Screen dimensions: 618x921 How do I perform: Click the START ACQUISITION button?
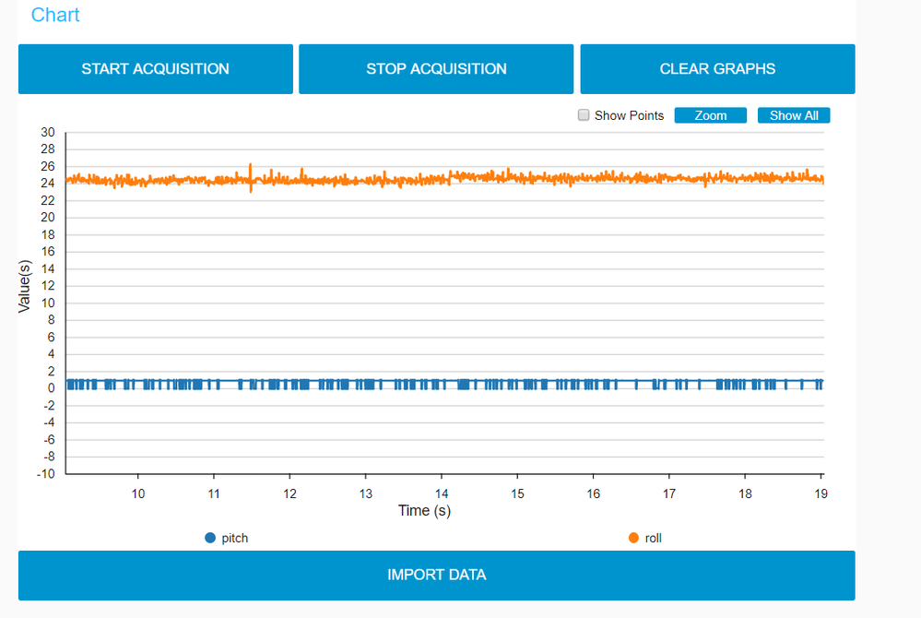coord(155,69)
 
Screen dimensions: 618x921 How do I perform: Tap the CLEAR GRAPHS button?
coord(717,69)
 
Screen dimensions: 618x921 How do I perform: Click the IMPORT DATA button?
coord(436,575)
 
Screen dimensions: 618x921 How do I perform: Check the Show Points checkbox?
coord(583,115)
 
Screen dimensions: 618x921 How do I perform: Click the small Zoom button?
coord(710,115)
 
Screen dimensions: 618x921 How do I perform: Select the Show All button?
coord(794,115)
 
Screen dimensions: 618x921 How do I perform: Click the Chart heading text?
coord(55,15)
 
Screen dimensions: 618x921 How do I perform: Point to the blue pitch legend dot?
coord(210,538)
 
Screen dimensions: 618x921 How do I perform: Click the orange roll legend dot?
coord(632,538)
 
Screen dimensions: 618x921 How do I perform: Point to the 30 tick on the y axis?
coord(48,132)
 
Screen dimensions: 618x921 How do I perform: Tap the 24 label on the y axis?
coord(48,184)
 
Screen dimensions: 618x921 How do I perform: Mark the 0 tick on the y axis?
coord(52,388)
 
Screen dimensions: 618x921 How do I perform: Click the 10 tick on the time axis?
coord(137,493)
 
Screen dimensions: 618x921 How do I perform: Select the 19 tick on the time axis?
coord(821,493)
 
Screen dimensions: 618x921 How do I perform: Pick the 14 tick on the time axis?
coord(442,493)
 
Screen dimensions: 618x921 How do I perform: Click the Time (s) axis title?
coord(424,510)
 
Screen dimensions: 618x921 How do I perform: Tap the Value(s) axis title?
coord(26,286)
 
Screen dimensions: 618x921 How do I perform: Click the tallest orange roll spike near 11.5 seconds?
coord(250,167)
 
